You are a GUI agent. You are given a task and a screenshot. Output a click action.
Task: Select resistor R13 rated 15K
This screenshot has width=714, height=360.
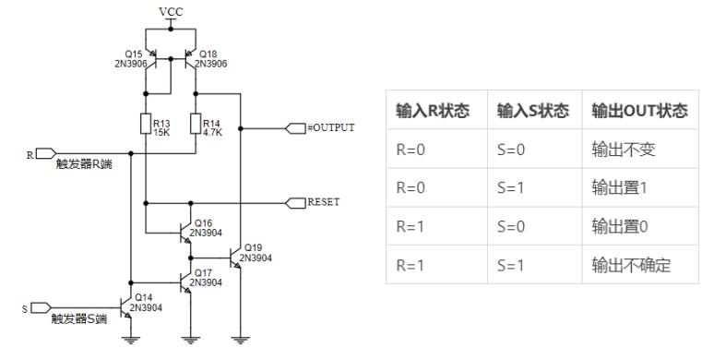146,124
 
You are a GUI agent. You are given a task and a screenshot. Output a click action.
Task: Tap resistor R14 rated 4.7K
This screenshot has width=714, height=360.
195,124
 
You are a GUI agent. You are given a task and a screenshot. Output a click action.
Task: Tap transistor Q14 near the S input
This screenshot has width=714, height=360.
126,306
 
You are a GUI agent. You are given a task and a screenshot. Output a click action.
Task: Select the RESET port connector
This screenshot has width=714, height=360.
297,201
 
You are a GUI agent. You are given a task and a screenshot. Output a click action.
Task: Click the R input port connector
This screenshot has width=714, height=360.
46,153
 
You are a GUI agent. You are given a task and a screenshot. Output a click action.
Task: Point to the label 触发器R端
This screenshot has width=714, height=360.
78,166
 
